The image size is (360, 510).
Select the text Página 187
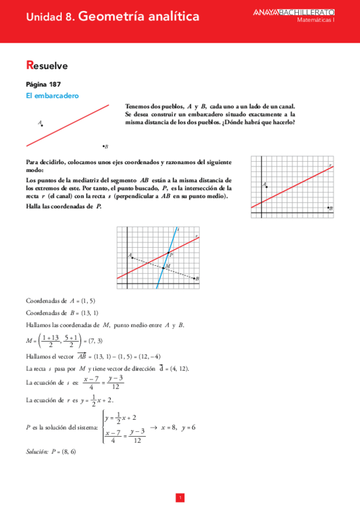point(43,84)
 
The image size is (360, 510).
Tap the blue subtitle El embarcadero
point(53,96)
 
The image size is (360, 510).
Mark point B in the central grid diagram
point(194,278)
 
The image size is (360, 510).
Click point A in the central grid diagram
point(132,257)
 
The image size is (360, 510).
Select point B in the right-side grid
point(328,208)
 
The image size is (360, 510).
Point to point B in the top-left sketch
point(103,146)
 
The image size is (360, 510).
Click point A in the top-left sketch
point(42,125)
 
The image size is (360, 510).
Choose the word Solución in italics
point(37,450)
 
